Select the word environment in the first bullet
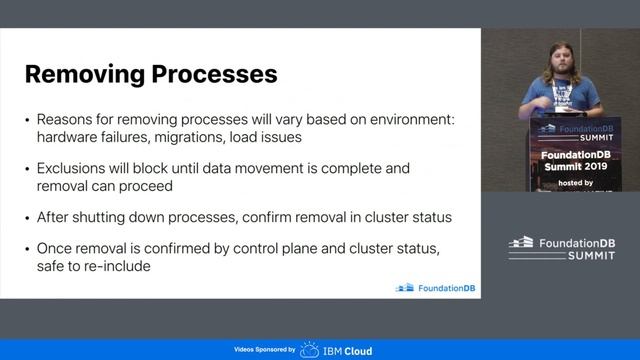pos(406,120)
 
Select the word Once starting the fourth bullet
pos(57,248)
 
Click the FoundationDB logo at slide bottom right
pos(436,288)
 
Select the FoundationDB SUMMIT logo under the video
pos(560,247)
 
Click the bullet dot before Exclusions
pos(27,169)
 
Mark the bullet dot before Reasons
pos(27,120)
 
